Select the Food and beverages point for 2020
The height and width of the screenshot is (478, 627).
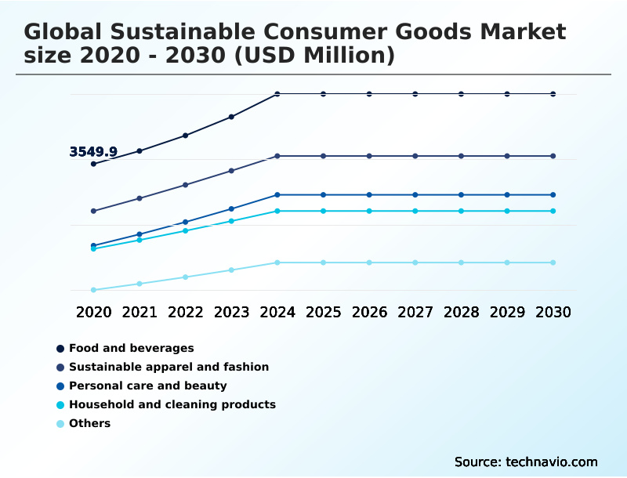93,164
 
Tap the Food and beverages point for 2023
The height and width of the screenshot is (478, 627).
231,117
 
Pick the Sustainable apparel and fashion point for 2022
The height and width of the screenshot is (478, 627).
186,185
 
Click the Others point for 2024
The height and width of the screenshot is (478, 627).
277,263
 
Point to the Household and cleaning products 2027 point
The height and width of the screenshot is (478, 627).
415,211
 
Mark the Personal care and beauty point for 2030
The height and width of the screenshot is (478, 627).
553,194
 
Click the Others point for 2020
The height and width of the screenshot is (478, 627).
93,290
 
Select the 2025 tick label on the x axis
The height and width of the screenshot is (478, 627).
323,312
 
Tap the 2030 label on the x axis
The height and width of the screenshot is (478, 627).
553,312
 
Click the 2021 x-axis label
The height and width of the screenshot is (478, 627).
140,312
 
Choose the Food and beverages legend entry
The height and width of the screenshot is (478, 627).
131,348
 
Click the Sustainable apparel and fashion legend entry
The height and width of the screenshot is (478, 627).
169,367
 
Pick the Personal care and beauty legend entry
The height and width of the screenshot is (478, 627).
147,386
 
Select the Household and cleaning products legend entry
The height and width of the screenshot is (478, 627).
172,404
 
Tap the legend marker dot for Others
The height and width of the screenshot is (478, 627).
60,424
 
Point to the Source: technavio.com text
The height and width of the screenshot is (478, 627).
526,462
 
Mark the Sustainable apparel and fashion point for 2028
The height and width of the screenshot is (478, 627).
461,156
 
